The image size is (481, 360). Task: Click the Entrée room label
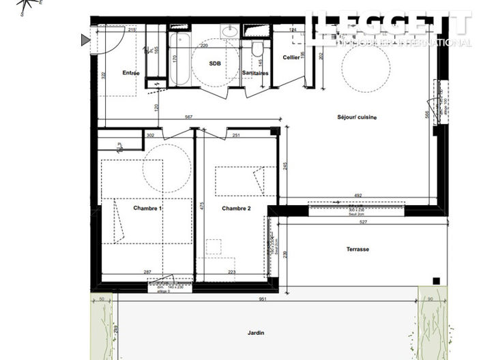click(131, 73)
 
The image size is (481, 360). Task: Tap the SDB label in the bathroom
click(216, 62)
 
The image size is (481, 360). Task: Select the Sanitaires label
click(254, 72)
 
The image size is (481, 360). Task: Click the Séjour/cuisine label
click(357, 117)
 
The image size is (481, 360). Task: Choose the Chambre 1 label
click(147, 208)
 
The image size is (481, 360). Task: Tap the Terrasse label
click(358, 249)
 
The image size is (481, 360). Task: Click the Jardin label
click(256, 333)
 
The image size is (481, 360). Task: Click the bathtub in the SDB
click(180, 59)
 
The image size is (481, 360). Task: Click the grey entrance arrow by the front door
click(85, 40)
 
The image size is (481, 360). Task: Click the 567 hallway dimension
click(188, 117)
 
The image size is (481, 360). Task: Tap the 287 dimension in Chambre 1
click(147, 272)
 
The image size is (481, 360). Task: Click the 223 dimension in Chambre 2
click(231, 272)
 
